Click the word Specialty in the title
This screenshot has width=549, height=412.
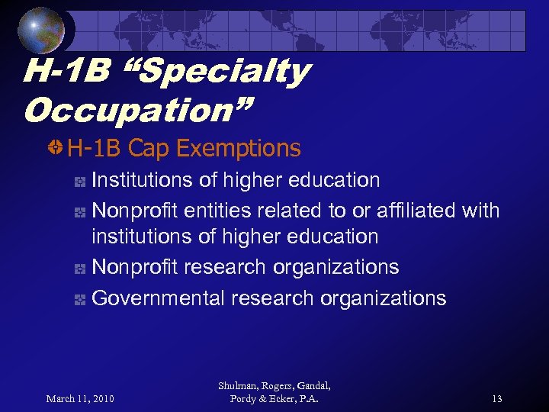click(x=221, y=72)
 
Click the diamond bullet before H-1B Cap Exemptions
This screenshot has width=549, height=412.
click(x=56, y=147)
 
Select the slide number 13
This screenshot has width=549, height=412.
click(x=496, y=398)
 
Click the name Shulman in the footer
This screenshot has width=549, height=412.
click(x=239, y=386)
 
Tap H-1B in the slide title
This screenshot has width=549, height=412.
click(x=64, y=72)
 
